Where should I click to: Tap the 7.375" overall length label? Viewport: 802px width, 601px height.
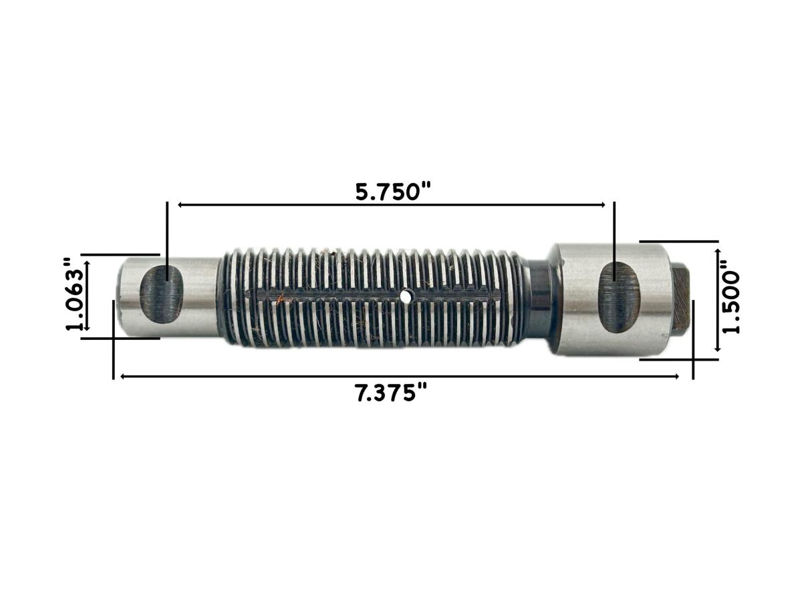[x=391, y=393]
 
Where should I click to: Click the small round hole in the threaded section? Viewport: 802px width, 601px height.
[x=405, y=294]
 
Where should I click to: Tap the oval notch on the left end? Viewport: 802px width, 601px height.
[x=161, y=293]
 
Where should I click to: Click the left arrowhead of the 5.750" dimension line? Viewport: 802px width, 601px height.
[x=180, y=205]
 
